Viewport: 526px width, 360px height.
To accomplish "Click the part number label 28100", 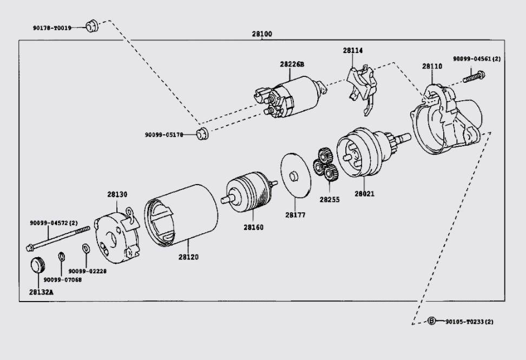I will (262, 34).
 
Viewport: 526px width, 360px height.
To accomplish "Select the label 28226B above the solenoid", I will (292, 64).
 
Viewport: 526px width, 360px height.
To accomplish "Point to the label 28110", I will (432, 67).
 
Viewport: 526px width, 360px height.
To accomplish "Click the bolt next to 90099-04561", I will (472, 76).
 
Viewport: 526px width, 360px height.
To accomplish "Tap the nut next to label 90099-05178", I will (203, 134).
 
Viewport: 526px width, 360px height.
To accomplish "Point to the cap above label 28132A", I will (37, 267).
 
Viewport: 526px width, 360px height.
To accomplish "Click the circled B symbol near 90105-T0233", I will (432, 321).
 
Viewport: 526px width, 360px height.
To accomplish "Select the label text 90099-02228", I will (89, 271).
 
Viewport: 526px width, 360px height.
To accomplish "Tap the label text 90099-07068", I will (62, 280).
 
